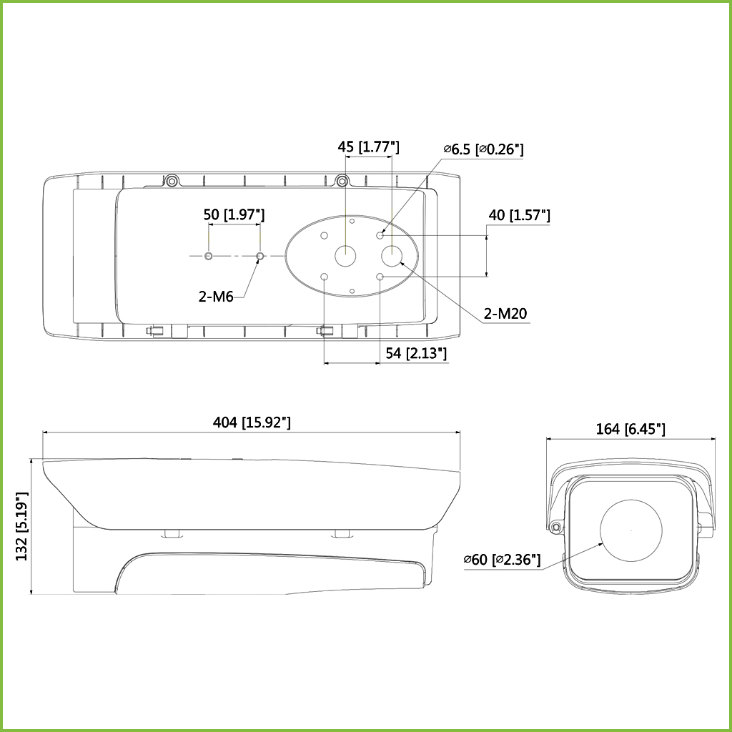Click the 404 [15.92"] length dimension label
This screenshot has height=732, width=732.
pos(252,422)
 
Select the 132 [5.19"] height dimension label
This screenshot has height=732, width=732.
pos(22,526)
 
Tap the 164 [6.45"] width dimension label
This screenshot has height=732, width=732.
pos(630,429)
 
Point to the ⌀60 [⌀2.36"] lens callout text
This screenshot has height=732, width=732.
pos(502,559)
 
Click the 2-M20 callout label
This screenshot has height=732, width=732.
pos(505,314)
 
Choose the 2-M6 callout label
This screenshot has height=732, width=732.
pos(216,297)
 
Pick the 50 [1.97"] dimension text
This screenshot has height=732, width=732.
pos(234,214)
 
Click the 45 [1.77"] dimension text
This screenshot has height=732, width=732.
pos(368,147)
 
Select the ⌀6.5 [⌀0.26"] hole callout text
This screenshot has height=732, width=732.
pos(483,149)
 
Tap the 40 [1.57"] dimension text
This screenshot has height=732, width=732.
pos(519,215)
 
